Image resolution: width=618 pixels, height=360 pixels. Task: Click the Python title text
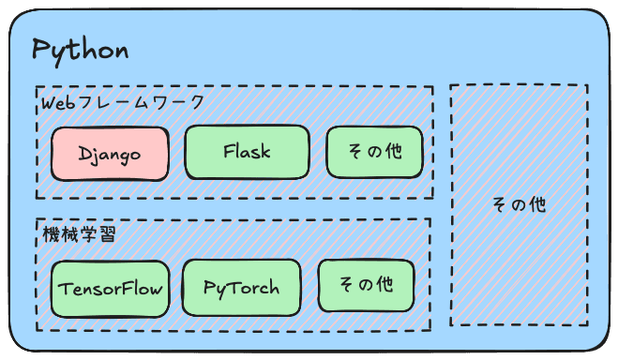pos(80,50)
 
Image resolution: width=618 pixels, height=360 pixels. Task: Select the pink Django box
pos(110,153)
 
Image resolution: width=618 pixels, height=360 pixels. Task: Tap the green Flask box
pos(247,151)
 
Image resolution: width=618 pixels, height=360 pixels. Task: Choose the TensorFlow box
pos(109,287)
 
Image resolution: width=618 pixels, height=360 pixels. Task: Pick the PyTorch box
pos(242,287)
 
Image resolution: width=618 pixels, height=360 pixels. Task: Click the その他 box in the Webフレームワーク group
pos(374,151)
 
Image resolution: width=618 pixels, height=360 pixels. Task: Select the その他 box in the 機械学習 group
pos(365,285)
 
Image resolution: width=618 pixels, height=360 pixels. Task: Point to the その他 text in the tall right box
pos(519,204)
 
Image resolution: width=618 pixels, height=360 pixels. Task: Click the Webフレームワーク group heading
pos(122,103)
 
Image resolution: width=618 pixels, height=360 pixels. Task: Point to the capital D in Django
pos(84,153)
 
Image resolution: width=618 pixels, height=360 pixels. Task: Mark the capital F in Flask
pos(229,151)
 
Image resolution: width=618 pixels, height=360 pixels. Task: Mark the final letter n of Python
pos(120,52)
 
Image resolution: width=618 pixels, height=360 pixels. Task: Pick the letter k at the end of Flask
pos(265,151)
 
